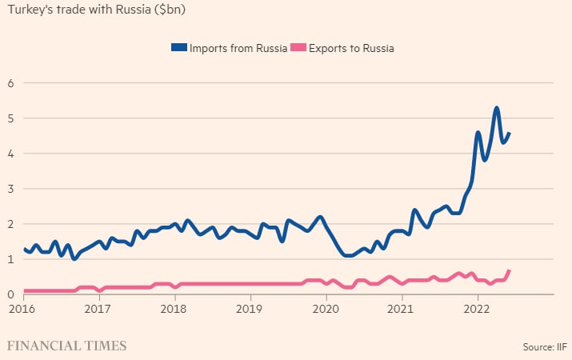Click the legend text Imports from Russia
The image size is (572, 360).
coord(238,48)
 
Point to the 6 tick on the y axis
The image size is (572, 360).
coord(12,82)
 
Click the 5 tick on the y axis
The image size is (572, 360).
coord(12,118)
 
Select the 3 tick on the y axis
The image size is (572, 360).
coord(12,189)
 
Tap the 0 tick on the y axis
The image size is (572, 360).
coord(12,294)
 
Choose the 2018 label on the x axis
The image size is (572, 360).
coord(174,308)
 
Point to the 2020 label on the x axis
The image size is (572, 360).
coord(326,308)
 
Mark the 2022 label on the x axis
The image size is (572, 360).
coord(478,308)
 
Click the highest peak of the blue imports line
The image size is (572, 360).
coord(497,107)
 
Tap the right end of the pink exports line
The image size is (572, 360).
coord(510,271)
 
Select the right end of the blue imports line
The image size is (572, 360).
coord(510,134)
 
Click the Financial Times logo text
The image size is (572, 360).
coord(67,346)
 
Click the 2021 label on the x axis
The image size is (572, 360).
coord(402,308)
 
